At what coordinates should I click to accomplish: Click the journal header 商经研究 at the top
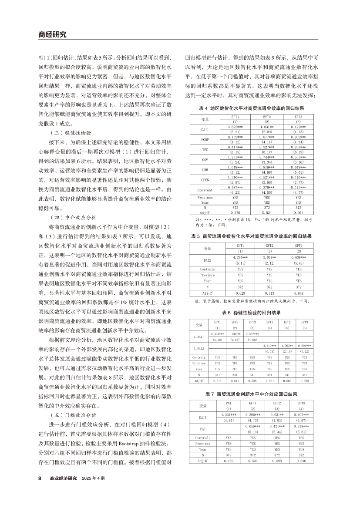[52, 34]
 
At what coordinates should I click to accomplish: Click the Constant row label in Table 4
[205, 190]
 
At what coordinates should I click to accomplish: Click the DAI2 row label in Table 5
[207, 260]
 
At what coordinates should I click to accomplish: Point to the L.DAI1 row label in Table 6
[199, 336]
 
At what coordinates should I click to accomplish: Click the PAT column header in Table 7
[229, 403]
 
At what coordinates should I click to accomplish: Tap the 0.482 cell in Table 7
[229, 460]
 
